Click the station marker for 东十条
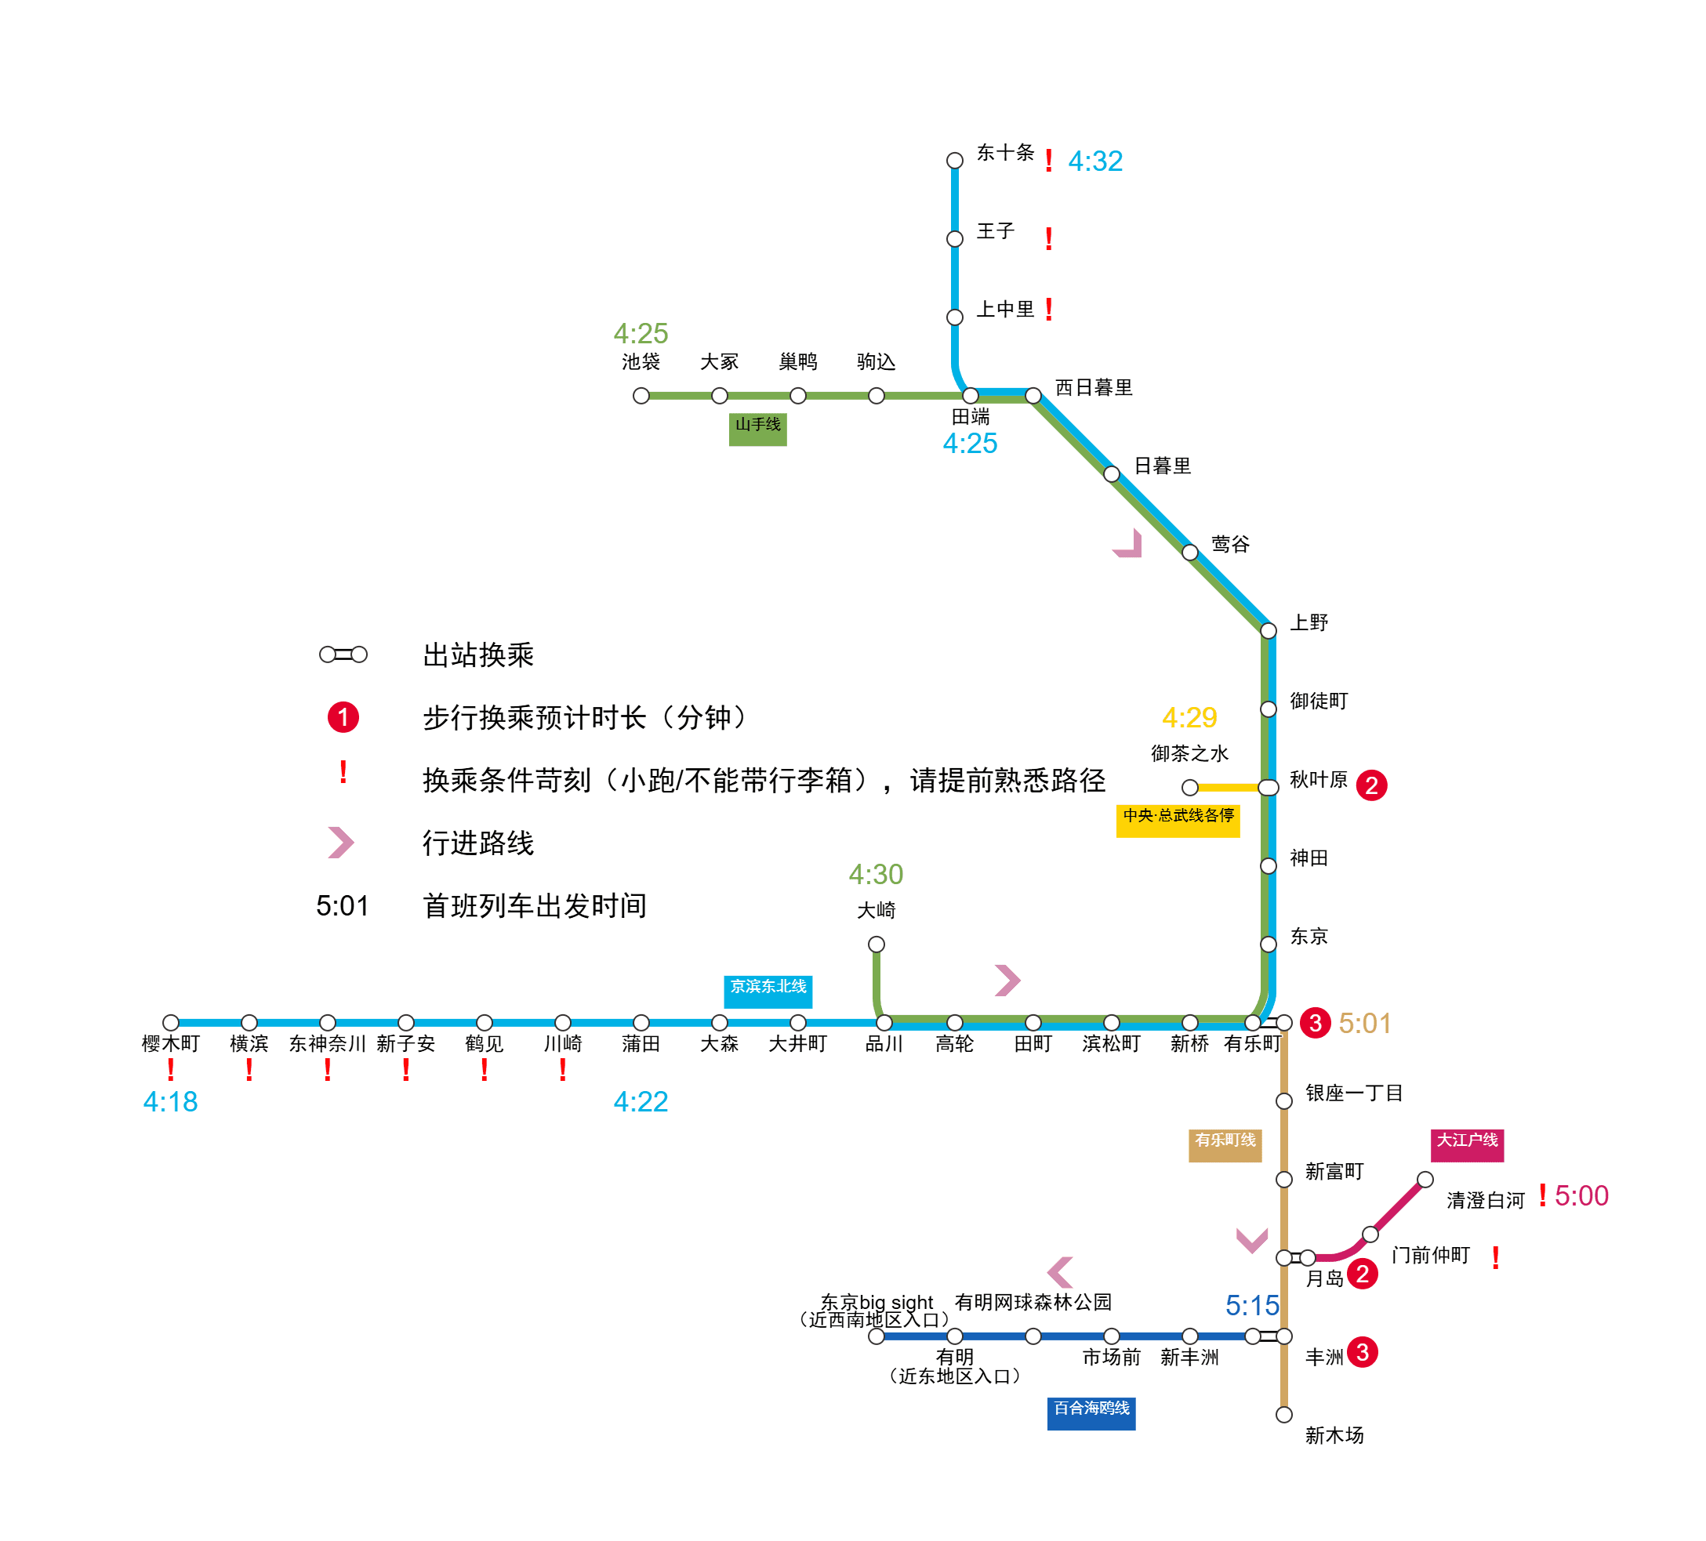pyautogui.click(x=955, y=160)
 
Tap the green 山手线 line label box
pyautogui.click(x=757, y=428)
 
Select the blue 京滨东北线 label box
pyautogui.click(x=768, y=991)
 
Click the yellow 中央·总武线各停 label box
pyautogui.click(x=1178, y=820)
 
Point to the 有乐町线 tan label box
pyautogui.click(x=1225, y=1144)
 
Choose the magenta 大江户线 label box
pyautogui.click(x=1467, y=1144)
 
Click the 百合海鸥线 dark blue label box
pyautogui.click(x=1091, y=1412)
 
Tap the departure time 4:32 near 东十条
pyautogui.click(x=1095, y=161)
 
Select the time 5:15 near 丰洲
pyautogui.click(x=1251, y=1305)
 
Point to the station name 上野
pyautogui.click(x=1309, y=623)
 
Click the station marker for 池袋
pyautogui.click(x=641, y=395)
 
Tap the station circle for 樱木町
pyautogui.click(x=171, y=1022)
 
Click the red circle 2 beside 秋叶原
pyautogui.click(x=1371, y=785)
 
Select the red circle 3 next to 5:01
pyautogui.click(x=1315, y=1022)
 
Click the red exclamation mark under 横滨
pyautogui.click(x=249, y=1070)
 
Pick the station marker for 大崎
pyautogui.click(x=877, y=944)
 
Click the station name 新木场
pyautogui.click(x=1334, y=1435)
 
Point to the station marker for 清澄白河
pyautogui.click(x=1425, y=1179)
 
